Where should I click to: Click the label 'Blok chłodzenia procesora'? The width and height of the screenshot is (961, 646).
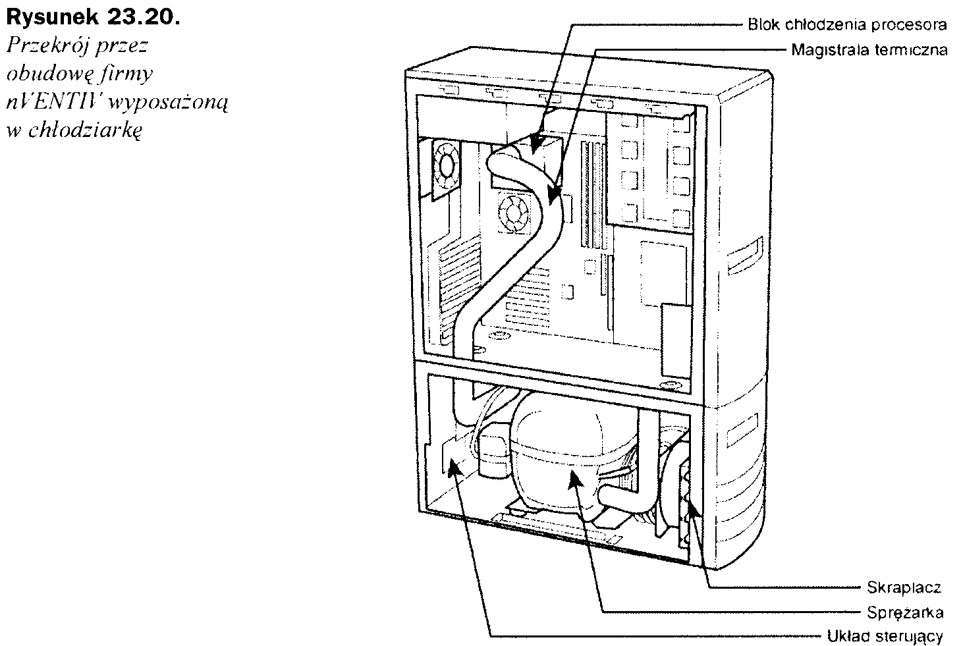[x=847, y=25]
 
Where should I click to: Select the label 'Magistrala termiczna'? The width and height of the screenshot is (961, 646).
[x=869, y=49]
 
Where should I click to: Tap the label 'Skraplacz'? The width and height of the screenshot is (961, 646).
[x=904, y=587]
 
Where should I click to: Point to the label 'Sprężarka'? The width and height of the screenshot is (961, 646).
[x=904, y=612]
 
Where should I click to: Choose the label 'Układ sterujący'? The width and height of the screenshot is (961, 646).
[x=885, y=637]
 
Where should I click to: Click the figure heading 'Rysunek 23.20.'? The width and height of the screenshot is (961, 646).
[x=90, y=17]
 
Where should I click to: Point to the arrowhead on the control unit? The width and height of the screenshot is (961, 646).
[x=453, y=467]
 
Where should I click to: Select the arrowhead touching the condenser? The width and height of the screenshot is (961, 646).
[x=692, y=507]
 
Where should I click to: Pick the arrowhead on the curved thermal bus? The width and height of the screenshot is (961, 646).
[x=553, y=194]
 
